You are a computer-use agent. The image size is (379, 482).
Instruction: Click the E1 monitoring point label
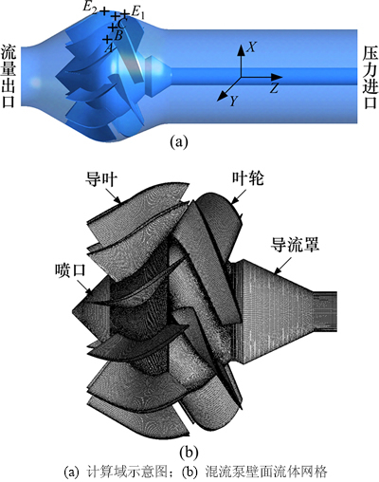(x=137, y=13)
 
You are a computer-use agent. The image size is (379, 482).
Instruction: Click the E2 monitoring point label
(x=90, y=9)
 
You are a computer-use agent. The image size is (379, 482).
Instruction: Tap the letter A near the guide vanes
(x=109, y=48)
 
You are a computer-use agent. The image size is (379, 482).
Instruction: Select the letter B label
(x=118, y=36)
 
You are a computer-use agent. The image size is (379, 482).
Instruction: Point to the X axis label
(x=251, y=47)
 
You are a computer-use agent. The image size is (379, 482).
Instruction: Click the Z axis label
(x=274, y=88)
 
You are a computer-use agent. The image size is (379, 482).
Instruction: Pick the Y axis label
(x=233, y=101)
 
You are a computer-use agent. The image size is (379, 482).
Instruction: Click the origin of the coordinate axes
(x=242, y=77)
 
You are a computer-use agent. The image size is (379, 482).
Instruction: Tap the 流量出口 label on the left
(x=8, y=76)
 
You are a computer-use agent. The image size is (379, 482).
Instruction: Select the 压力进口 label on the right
(x=370, y=78)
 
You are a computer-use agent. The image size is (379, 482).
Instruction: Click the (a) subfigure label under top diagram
(x=179, y=141)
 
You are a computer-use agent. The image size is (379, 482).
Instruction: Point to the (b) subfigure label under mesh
(x=189, y=454)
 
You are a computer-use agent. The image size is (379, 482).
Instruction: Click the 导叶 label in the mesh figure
(x=101, y=180)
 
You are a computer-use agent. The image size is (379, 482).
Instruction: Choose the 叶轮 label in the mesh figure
(x=248, y=178)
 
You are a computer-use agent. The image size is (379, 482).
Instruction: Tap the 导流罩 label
(x=296, y=245)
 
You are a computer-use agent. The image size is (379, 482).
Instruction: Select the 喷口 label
(x=70, y=270)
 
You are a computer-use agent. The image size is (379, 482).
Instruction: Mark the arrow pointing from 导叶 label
(x=113, y=195)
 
